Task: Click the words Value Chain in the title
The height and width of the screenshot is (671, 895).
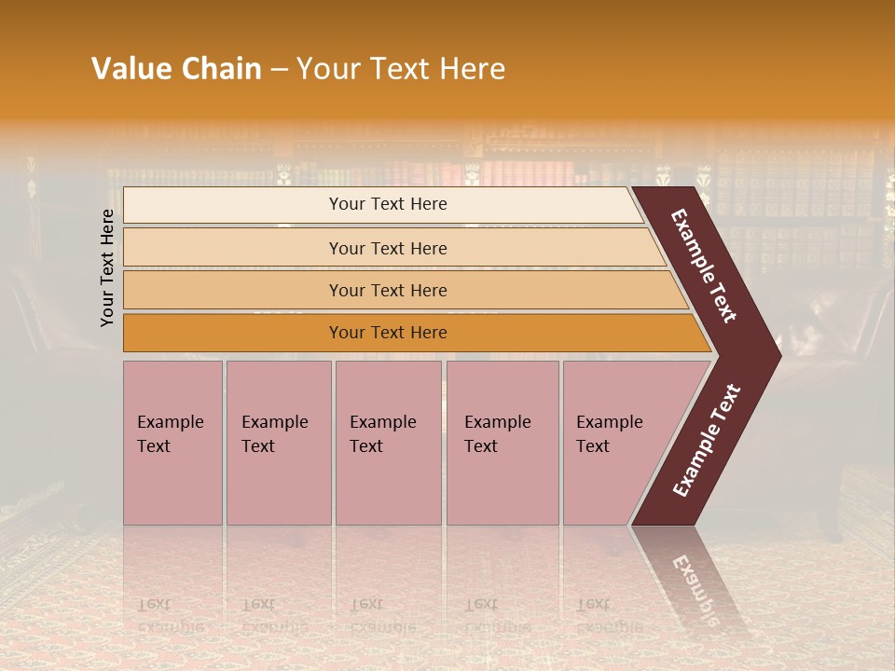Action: (176, 69)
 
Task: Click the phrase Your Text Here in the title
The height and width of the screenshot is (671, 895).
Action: (401, 69)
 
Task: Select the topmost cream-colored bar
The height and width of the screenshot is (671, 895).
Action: (387, 204)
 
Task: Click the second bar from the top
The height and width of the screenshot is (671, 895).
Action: (387, 248)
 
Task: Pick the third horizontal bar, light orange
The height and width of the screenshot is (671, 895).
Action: (387, 290)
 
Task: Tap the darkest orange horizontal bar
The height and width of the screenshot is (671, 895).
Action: (387, 333)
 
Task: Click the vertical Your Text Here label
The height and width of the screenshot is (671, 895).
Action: (107, 267)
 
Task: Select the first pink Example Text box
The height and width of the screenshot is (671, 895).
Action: (172, 443)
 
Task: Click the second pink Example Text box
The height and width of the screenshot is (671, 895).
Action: (277, 443)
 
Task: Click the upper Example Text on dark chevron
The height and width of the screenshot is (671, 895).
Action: (705, 266)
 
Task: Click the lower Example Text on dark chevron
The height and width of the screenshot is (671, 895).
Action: (707, 440)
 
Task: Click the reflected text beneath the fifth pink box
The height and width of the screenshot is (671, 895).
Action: (606, 616)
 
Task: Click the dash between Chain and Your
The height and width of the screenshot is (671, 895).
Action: (279, 70)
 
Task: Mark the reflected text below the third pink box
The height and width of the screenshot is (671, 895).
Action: (381, 616)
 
